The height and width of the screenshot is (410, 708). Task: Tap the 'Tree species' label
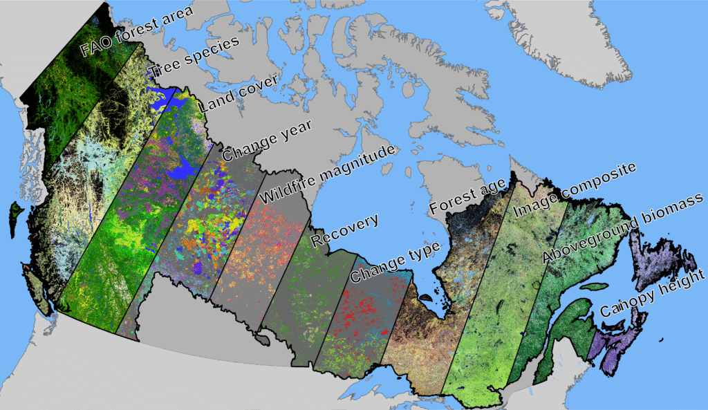click(195, 56)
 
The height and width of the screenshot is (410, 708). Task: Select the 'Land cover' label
click(239, 93)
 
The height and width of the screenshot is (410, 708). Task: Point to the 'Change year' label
click(267, 138)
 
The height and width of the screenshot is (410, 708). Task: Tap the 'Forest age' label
click(465, 198)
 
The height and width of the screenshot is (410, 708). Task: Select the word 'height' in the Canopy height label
click(680, 281)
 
